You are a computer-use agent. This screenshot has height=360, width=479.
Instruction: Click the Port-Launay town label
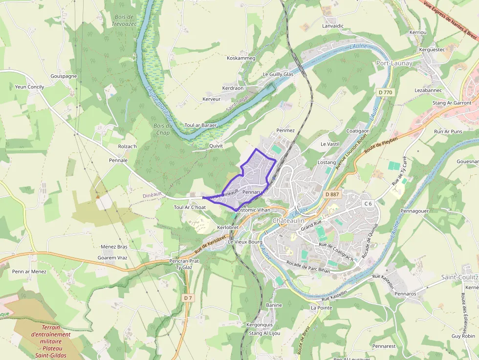click(394, 63)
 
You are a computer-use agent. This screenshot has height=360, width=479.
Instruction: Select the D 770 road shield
click(385, 92)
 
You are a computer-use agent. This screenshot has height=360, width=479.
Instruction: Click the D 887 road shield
click(332, 194)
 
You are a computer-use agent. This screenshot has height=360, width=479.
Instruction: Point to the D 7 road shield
click(188, 297)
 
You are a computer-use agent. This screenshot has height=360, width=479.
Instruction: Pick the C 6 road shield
click(368, 203)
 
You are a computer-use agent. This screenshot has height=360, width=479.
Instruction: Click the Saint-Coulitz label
click(459, 277)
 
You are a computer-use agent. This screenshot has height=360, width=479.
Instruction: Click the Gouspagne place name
click(64, 76)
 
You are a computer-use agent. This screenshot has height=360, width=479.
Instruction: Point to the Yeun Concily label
click(29, 87)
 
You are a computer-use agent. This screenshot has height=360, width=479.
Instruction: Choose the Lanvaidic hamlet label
click(333, 25)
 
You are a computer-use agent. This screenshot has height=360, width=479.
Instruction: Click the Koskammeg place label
click(241, 58)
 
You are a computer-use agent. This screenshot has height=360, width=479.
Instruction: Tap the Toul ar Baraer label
click(200, 125)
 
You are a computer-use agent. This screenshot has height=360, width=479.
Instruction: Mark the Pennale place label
click(118, 160)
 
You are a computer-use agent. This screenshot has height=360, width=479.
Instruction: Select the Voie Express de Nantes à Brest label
click(450, 20)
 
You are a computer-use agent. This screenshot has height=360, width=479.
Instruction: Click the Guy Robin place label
click(463, 336)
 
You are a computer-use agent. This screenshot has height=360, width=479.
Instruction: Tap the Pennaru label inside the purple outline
click(253, 192)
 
